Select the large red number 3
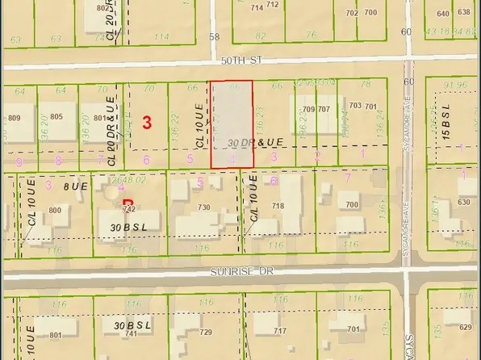(x=147, y=123)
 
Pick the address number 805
(x=56, y=117)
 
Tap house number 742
(x=125, y=208)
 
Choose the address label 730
(x=204, y=208)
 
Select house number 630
(x=463, y=203)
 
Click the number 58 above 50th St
(x=214, y=36)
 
